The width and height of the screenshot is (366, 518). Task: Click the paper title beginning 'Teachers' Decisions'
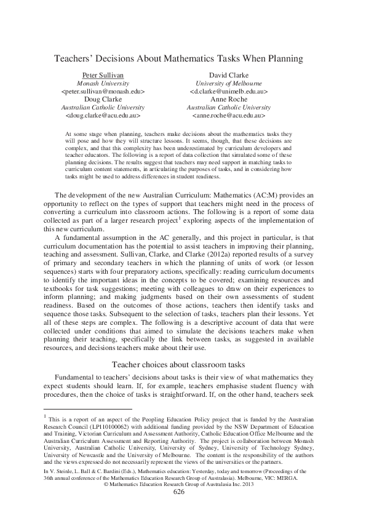coord(183,59)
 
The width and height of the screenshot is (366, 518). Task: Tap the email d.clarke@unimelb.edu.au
coord(228,91)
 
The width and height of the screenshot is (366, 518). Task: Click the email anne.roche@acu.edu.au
coord(228,115)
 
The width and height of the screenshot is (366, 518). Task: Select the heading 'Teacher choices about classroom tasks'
coord(183,364)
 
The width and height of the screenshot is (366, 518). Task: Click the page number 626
coord(179,492)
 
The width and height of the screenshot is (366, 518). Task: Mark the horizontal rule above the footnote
coord(82,408)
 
